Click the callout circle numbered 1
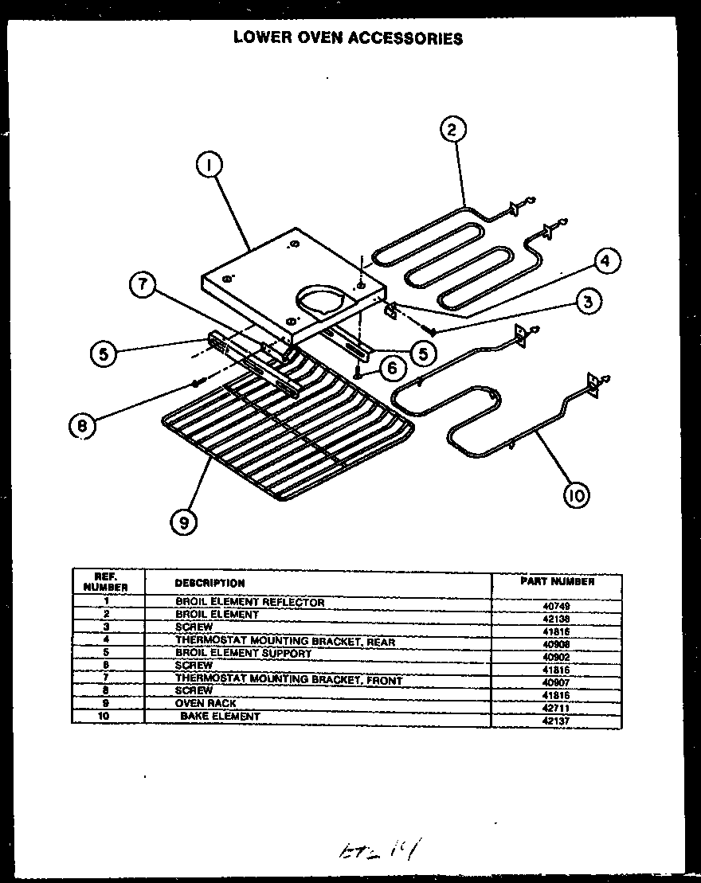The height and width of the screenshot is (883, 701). click(x=209, y=166)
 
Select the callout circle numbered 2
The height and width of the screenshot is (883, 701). click(x=452, y=129)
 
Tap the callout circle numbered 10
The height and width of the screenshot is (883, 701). click(x=575, y=495)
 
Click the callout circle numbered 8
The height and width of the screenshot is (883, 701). click(x=81, y=426)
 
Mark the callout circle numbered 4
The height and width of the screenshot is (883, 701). click(x=606, y=260)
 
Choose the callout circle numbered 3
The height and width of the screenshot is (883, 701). click(x=588, y=301)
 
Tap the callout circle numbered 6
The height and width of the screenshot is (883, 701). click(x=390, y=367)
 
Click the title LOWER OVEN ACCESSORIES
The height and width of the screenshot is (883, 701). click(x=348, y=37)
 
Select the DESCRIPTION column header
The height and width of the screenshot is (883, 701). click(x=210, y=583)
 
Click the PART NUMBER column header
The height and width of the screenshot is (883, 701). click(x=557, y=581)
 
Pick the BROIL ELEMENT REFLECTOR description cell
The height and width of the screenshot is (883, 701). click(x=249, y=603)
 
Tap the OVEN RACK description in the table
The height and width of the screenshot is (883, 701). click(x=206, y=704)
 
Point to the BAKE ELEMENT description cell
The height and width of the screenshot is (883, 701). click(x=220, y=717)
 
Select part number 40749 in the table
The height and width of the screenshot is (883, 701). click(x=554, y=606)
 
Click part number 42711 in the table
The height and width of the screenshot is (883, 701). click(x=554, y=707)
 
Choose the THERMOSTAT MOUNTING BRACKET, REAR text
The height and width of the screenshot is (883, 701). click(x=284, y=641)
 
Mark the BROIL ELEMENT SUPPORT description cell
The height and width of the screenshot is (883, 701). click(x=243, y=654)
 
